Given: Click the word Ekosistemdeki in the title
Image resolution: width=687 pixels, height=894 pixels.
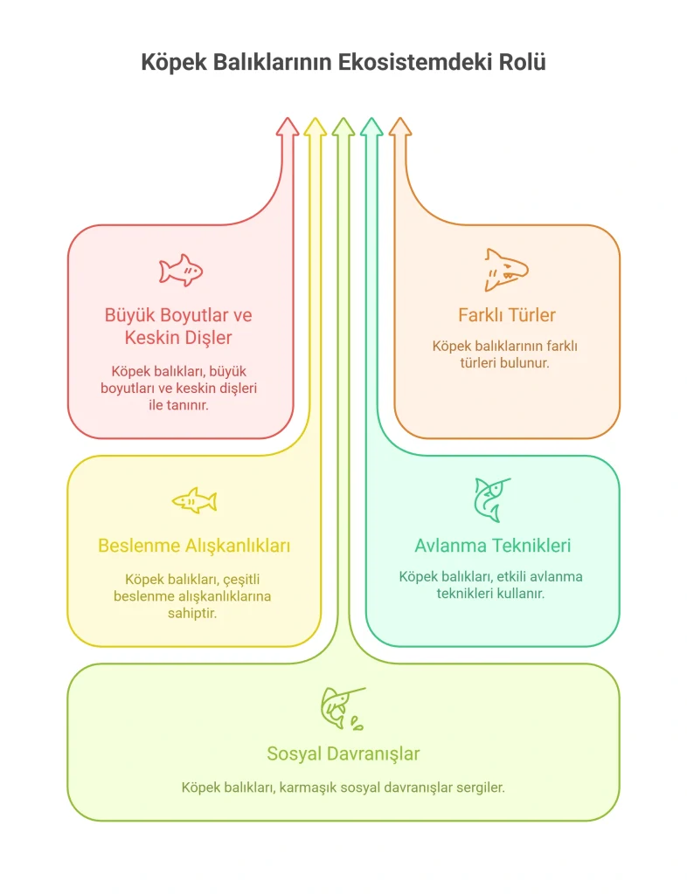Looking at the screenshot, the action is tap(415, 62).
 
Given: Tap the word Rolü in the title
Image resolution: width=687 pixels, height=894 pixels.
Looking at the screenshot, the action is tap(523, 62).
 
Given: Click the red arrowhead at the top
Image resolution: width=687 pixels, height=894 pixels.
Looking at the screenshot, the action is tap(288, 127).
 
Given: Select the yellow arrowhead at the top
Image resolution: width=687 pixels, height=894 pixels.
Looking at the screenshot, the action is tap(315, 127).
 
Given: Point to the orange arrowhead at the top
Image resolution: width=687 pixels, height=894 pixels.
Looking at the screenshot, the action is tap(400, 127).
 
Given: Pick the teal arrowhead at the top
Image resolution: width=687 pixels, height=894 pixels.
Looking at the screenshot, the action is tap(371, 127).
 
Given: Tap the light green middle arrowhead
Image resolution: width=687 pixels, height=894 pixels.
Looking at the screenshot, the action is tap(343, 127).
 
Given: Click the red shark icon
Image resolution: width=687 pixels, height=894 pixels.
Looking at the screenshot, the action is tap(181, 271).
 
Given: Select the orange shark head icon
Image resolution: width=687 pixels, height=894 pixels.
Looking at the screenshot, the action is tap(506, 270).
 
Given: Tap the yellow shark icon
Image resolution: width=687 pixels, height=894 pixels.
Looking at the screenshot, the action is tap(195, 500).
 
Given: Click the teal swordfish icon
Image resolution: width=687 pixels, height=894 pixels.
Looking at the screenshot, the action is tap(492, 500).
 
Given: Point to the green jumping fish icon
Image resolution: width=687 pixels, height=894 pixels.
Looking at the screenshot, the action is tap(343, 709).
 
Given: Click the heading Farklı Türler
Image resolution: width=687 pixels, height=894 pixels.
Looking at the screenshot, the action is tap(507, 314).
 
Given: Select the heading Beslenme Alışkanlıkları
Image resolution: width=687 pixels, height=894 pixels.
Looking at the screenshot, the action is tap(194, 546).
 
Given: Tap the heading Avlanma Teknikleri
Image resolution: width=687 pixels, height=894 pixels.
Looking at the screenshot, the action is tap(492, 546).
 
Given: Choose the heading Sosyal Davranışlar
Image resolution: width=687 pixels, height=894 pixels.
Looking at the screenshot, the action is tap(343, 753).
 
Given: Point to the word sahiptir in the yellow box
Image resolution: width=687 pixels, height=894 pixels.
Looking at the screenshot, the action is tap(192, 614).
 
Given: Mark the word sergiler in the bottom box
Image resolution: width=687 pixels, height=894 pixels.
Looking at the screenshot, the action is tap(481, 788).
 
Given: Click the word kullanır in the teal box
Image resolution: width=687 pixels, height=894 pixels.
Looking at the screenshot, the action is tap(519, 594).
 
